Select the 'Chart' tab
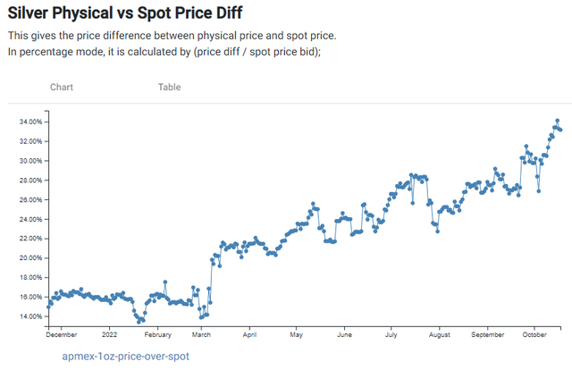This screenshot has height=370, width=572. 62,87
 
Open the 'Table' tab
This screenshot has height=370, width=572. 169,87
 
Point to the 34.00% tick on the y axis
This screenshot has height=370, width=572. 30,122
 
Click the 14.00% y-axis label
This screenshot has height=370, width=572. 30,316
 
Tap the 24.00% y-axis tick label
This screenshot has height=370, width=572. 30,219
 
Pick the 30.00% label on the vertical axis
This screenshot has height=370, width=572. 30,161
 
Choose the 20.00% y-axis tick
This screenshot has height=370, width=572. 30,258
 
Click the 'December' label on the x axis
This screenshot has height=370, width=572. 62,336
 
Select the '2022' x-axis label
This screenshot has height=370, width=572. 109,336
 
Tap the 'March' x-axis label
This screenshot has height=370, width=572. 201,336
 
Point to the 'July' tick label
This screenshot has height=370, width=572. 391,336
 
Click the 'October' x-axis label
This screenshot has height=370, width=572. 534,336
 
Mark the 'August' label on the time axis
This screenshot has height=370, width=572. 439,336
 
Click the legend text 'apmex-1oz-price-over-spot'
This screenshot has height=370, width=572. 125,356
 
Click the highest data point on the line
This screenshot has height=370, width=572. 557,121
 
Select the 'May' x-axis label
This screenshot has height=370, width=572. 298,336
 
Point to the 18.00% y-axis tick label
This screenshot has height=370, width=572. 30,277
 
